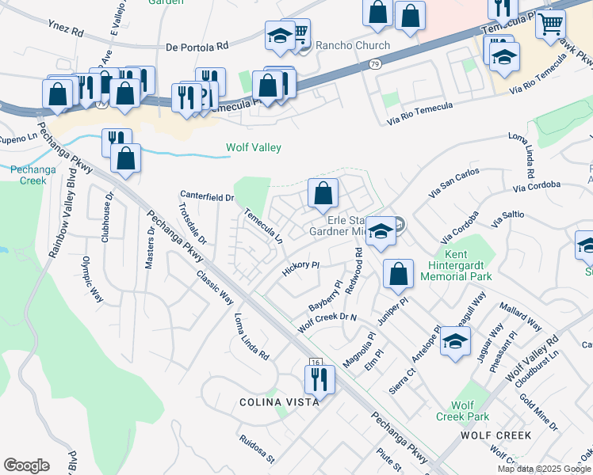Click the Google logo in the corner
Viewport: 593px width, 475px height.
26,465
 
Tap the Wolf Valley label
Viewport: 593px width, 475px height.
254,147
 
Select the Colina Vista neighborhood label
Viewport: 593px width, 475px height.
279,402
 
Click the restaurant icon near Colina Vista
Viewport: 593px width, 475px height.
319,378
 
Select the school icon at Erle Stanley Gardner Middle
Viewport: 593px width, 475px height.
381,231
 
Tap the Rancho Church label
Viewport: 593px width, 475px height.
353,46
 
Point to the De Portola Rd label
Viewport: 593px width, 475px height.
197,47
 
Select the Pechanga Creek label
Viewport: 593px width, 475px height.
29,174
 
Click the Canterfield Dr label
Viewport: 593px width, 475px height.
207,196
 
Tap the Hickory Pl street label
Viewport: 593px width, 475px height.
300,270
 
